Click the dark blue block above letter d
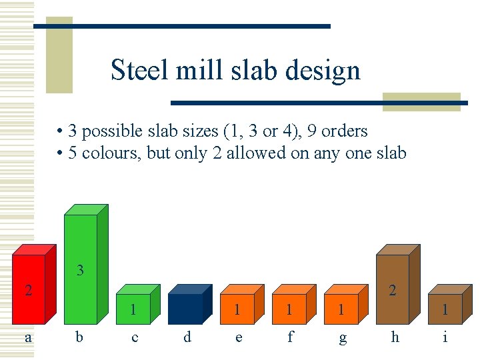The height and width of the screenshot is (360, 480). point(185,309)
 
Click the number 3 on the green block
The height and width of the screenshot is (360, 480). point(80,271)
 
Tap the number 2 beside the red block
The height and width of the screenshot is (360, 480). point(28,289)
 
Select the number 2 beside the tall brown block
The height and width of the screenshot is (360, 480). point(393,289)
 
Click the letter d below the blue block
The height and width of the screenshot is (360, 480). point(187,337)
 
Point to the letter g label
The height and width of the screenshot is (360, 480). point(343,338)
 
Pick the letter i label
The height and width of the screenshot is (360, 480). point(445,337)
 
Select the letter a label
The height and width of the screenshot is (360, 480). point(28,337)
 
